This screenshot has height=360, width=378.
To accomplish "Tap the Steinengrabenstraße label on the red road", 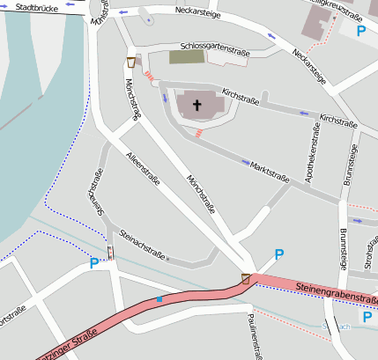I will pyautogui.click(x=336, y=295).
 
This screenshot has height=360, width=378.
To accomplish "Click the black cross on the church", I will pyautogui.click(x=196, y=106).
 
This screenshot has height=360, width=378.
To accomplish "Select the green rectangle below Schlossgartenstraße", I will pyautogui.click(x=185, y=57).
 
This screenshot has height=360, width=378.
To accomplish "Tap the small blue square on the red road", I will pyautogui.click(x=159, y=300).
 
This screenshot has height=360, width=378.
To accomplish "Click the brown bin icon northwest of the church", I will pyautogui.click(x=131, y=62).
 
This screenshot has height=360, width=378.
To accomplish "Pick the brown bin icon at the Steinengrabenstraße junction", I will pyautogui.click(x=246, y=279).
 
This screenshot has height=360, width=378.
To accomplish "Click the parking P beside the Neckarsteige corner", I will pyautogui.click(x=360, y=31).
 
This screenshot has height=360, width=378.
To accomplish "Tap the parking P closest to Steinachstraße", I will pyautogui.click(x=94, y=262).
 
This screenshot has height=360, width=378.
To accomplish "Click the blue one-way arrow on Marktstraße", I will pyautogui.click(x=244, y=162).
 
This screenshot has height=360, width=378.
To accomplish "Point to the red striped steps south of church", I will pyautogui.click(x=200, y=133).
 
